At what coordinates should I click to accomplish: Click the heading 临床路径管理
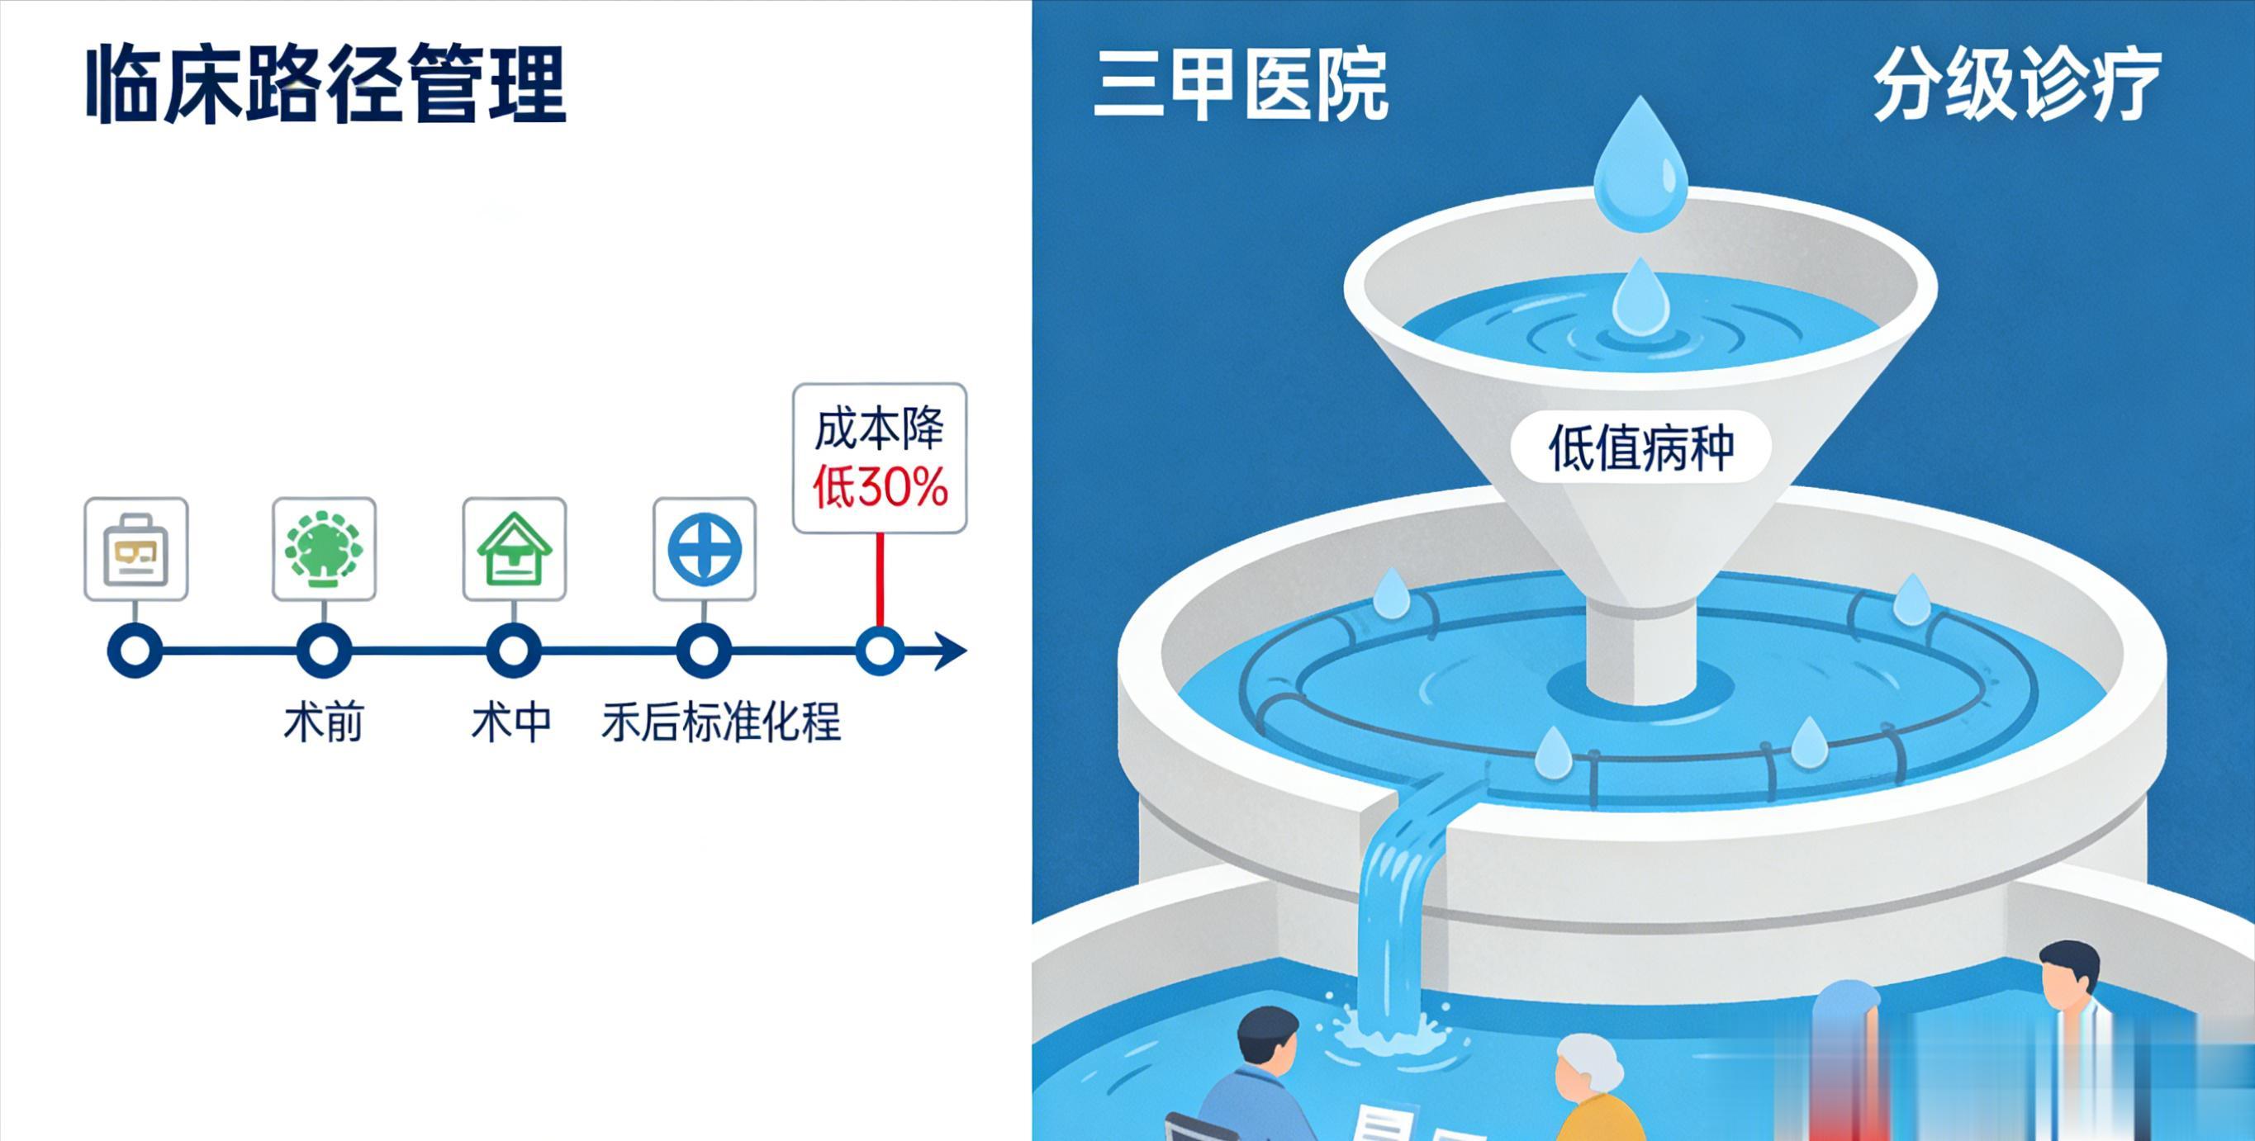click(325, 86)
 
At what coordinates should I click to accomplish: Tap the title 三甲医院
click(1241, 86)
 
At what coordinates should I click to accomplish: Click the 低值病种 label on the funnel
click(1640, 448)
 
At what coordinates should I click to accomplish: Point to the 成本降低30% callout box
click(879, 457)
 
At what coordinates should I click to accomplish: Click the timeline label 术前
click(323, 722)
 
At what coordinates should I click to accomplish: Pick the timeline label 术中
click(512, 722)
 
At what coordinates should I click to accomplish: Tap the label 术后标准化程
click(720, 722)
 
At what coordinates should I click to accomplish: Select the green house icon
click(514, 550)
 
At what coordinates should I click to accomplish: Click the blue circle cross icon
click(704, 550)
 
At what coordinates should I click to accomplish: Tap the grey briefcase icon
click(135, 550)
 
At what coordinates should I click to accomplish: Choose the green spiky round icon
click(324, 550)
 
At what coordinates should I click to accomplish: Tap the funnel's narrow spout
click(1641, 652)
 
